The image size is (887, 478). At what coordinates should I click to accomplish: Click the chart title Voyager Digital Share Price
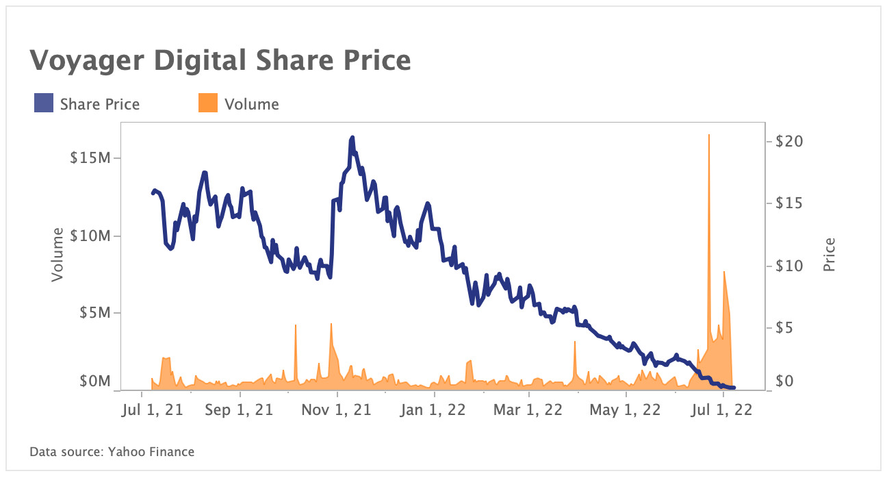220,61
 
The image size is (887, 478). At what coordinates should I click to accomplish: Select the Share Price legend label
99,104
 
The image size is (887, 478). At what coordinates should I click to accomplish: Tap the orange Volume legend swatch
208,104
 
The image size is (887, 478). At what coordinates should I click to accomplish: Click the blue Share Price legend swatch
44,104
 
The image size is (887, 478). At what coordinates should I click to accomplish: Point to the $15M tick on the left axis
91,158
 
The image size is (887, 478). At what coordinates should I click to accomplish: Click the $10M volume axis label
91,236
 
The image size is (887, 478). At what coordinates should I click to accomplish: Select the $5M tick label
94,313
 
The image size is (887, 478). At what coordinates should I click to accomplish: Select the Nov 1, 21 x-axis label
336,410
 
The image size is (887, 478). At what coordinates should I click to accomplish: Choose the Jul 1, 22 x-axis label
722,410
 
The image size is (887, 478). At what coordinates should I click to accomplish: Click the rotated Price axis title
830,255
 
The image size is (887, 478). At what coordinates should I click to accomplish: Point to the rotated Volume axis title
57,255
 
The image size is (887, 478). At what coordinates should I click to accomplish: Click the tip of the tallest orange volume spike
709,135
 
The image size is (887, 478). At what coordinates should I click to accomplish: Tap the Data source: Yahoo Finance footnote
112,452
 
